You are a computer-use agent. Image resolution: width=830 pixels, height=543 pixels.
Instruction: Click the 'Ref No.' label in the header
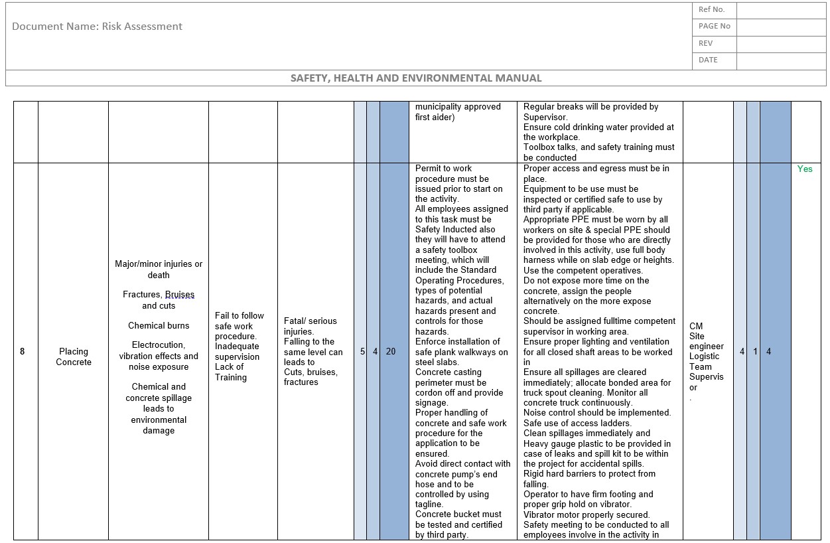point(711,10)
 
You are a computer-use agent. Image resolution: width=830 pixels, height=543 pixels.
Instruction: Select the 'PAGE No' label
point(714,27)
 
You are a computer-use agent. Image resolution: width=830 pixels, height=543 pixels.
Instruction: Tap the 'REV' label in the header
point(705,43)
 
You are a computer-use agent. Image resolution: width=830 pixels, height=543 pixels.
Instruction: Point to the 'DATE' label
point(708,60)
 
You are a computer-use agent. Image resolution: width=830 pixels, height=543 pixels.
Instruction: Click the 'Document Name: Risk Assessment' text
point(97,27)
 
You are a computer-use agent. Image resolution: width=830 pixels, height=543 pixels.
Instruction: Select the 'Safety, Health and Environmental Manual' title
point(416,78)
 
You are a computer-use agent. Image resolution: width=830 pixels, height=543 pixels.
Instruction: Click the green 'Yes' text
point(804,169)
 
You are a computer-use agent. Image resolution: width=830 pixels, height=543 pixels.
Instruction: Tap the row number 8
point(22,351)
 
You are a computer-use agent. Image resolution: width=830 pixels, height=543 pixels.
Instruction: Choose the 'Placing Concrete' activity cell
point(74,356)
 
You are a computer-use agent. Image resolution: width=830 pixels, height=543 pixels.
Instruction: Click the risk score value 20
point(391,351)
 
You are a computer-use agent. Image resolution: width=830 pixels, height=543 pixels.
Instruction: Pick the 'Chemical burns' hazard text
point(159,326)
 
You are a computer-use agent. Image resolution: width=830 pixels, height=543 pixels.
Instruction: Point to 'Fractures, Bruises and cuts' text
point(159,300)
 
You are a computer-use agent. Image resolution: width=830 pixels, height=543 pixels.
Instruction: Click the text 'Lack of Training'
point(230,372)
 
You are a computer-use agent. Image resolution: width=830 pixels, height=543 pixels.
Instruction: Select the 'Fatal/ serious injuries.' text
point(310,326)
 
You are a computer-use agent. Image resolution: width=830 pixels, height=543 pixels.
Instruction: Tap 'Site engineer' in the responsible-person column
point(706,341)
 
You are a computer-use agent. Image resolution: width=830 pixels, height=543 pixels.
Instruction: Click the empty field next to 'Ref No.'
point(781,10)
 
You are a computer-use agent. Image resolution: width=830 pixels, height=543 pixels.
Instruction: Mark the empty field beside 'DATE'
point(781,60)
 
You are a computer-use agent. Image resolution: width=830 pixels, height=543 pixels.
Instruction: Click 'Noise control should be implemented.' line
point(597,413)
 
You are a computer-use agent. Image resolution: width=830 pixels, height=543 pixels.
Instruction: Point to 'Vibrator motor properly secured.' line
point(587,514)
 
